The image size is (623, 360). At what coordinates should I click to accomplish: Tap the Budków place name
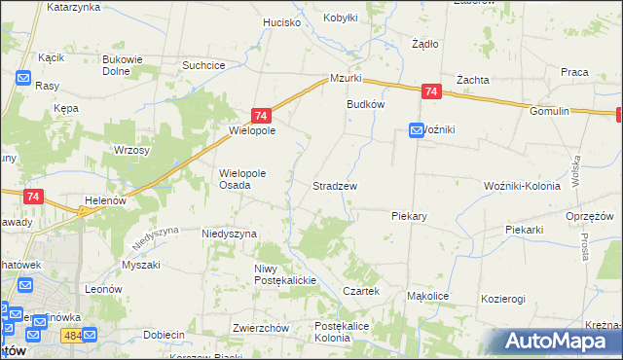click(366, 104)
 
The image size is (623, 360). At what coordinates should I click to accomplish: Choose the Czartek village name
click(360, 292)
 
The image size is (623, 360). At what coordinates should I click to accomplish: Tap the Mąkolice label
click(426, 295)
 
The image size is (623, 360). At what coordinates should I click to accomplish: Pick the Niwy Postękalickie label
click(280, 274)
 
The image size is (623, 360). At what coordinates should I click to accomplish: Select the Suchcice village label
click(204, 65)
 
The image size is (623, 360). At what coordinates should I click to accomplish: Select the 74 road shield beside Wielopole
click(260, 114)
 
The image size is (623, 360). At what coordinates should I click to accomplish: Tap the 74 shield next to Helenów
click(34, 196)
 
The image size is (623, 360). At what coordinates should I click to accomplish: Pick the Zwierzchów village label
click(262, 328)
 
